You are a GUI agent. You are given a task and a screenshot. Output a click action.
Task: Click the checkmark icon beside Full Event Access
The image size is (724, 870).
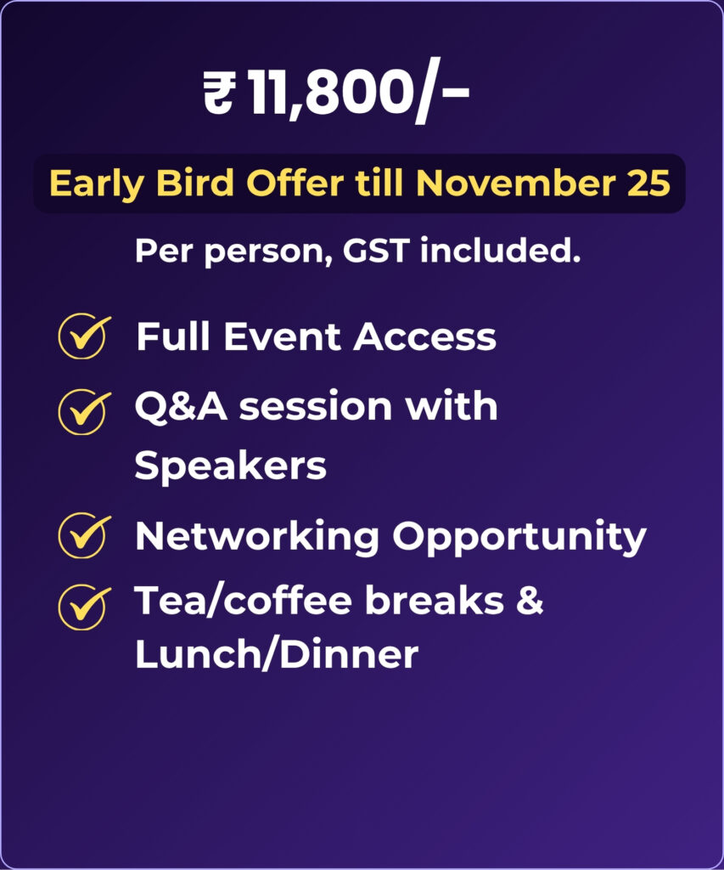(84, 335)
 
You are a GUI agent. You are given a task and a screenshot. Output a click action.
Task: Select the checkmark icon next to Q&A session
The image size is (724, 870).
(84, 411)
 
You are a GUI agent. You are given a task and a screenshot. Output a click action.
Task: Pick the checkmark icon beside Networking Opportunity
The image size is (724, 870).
(84, 535)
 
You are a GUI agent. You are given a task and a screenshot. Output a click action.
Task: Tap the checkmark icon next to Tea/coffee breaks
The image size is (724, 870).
(84, 607)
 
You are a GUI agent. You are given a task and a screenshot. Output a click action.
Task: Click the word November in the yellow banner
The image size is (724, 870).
(515, 184)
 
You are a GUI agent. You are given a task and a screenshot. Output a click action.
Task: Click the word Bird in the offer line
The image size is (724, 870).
(194, 183)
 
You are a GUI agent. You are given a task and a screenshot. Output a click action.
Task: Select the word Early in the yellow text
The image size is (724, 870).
(97, 184)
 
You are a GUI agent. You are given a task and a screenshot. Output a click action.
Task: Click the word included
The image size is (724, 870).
(500, 251)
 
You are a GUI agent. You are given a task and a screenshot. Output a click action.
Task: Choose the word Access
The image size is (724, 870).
(424, 337)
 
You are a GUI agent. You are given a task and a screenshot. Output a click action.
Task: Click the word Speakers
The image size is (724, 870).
(231, 466)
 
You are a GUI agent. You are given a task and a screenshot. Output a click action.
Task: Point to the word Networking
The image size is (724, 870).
(257, 538)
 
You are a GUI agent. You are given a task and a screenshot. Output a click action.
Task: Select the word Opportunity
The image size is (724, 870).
(519, 538)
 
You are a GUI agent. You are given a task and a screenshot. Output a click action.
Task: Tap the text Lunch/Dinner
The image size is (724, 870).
(277, 654)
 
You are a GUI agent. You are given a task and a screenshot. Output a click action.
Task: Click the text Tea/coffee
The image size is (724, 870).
(244, 601)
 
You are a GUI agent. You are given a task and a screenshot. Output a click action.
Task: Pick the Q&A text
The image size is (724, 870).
(181, 407)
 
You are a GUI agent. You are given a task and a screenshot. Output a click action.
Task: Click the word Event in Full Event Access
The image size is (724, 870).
(282, 337)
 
